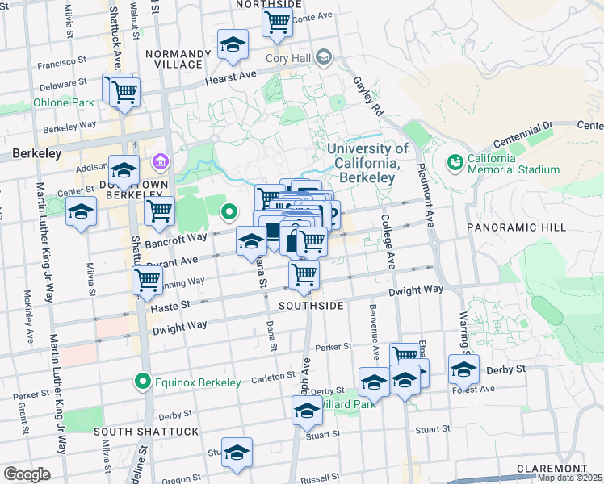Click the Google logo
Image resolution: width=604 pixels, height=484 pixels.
click(27, 474)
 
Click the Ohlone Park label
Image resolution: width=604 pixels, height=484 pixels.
click(65, 103)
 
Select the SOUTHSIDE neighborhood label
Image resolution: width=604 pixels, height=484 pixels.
click(312, 307)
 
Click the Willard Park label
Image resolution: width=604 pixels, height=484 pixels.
click(349, 403)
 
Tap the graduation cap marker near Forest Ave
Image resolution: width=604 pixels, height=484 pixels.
click(463, 368)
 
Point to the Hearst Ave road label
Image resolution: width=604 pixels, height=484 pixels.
click(230, 73)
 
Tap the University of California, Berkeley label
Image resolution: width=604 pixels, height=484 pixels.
click(367, 163)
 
